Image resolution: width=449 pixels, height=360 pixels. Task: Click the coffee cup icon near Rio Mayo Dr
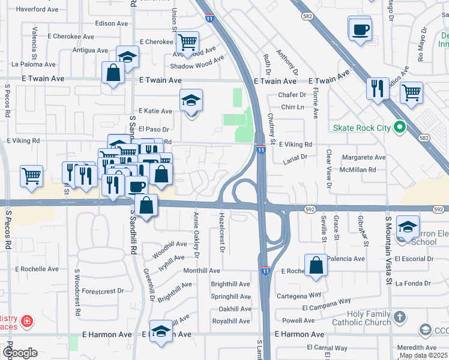pyautogui.click(x=360, y=29)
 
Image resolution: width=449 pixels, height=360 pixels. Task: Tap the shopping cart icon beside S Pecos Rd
pyautogui.click(x=31, y=176)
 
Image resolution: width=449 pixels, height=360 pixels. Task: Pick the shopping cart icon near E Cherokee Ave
pyautogui.click(x=188, y=42)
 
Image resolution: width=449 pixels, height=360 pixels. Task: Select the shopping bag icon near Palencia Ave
pyautogui.click(x=316, y=265)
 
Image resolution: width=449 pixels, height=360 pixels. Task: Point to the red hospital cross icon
pyautogui.click(x=26, y=322)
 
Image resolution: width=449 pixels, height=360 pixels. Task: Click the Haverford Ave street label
pyautogui.click(x=37, y=10)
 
